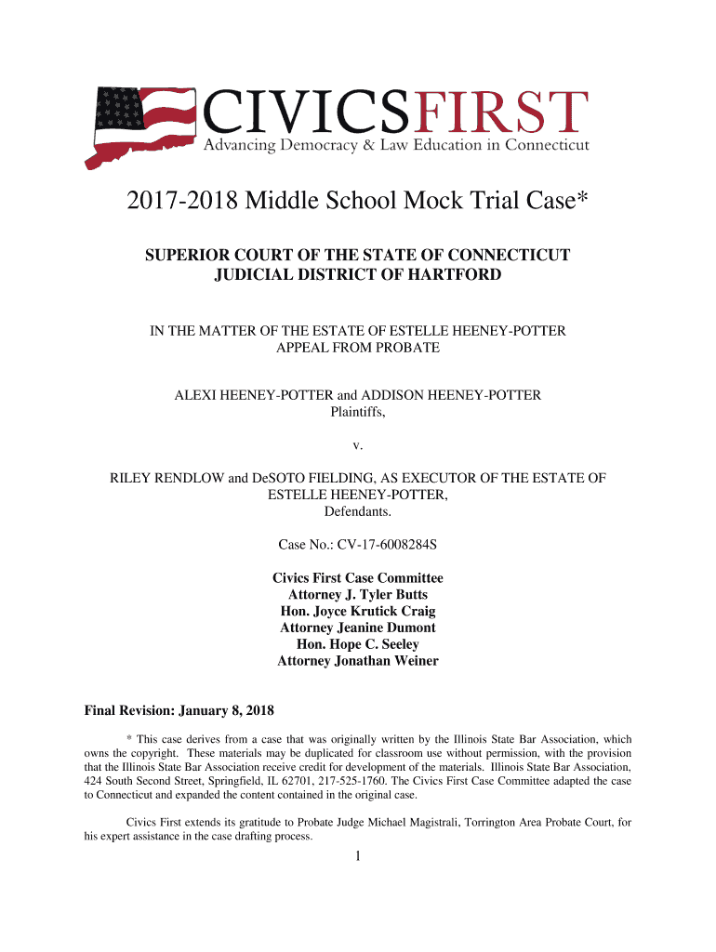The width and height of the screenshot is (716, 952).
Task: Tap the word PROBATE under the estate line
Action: (406, 348)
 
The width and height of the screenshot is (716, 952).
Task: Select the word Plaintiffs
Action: (358, 413)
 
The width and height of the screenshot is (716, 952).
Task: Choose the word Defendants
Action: (358, 511)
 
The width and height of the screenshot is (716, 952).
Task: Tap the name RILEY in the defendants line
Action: (134, 478)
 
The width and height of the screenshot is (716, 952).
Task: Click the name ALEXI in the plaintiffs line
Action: (198, 396)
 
